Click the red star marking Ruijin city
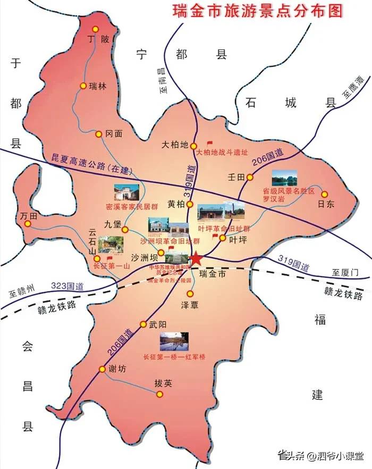click(x=196, y=259)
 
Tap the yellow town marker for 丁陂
click(x=96, y=29)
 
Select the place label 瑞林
click(x=98, y=86)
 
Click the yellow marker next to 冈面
click(x=98, y=135)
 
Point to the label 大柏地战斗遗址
click(x=222, y=152)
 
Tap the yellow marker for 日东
click(x=324, y=194)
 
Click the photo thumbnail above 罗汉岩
click(x=284, y=178)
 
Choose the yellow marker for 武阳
click(x=143, y=324)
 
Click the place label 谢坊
click(x=119, y=369)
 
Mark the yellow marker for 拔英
click(x=159, y=394)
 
